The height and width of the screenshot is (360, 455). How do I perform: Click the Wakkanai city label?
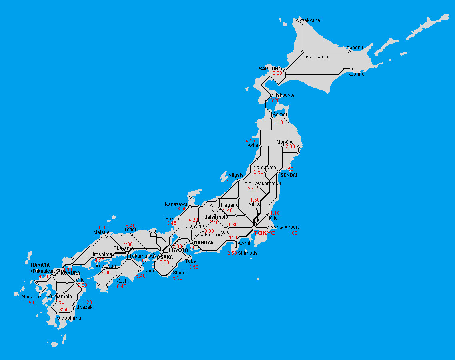(311, 20)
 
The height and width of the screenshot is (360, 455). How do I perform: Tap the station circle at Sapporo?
(285, 71)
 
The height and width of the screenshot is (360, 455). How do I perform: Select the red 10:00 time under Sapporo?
(276, 74)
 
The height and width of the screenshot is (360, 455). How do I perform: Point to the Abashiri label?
(355, 48)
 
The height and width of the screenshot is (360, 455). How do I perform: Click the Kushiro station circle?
(351, 69)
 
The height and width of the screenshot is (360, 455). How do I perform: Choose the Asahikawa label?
(316, 57)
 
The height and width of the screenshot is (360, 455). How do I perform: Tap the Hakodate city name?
(284, 95)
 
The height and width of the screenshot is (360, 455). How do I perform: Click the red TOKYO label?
(265, 233)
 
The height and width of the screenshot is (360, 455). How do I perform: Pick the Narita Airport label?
(284, 227)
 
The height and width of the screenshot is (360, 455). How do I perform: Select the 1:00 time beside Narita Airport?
(293, 233)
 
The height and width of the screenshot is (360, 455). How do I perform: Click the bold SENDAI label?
(289, 175)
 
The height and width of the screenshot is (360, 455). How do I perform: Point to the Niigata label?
(236, 175)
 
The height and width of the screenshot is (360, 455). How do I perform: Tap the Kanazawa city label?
(176, 204)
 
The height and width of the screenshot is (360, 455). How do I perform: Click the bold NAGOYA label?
(204, 243)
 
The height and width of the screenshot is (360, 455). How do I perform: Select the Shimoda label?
(248, 253)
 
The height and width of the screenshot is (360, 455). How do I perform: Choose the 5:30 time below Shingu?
(178, 278)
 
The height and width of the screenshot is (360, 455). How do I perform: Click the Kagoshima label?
(68, 318)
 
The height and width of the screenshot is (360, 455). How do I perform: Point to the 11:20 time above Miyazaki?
(86, 302)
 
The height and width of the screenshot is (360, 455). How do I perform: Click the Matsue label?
(101, 232)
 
